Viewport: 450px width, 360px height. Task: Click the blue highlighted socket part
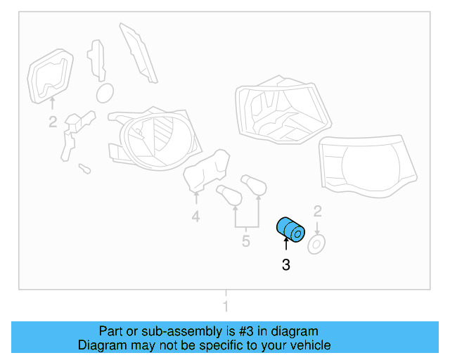point(289,229)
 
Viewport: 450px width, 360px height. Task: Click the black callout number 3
point(285,265)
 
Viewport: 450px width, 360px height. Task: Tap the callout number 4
point(195,218)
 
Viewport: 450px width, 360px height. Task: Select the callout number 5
point(245,242)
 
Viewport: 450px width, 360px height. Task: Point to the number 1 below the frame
point(226,307)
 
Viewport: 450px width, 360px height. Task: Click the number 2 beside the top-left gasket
point(53,123)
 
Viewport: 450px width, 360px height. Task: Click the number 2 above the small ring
point(317,211)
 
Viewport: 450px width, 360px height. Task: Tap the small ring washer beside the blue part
point(316,244)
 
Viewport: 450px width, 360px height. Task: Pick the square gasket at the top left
point(51,76)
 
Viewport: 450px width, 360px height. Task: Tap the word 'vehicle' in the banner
point(309,345)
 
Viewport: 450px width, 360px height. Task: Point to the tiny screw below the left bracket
point(84,169)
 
